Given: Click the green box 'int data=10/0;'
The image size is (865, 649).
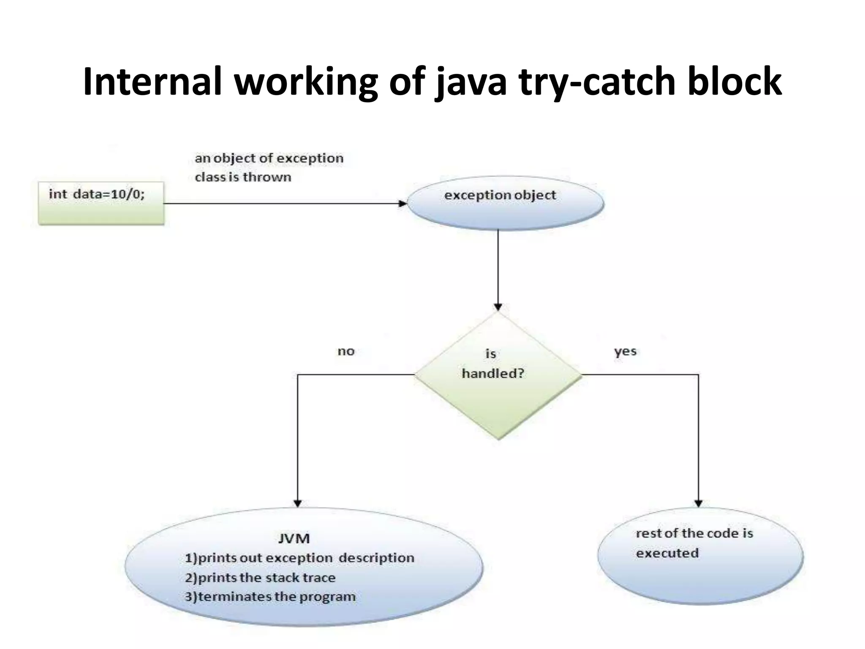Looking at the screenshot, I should point(101,203).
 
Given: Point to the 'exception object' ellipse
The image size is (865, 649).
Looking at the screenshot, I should point(505,205).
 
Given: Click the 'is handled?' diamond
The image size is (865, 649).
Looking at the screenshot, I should point(498,375).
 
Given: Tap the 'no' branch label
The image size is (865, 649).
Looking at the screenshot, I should point(346,352).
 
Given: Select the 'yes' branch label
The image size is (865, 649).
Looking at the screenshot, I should point(625,352).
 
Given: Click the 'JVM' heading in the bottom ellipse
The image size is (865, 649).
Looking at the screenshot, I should point(294,539).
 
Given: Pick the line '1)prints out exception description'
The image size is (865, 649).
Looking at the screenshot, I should point(299,558).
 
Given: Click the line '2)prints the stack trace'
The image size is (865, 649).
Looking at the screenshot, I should point(260,578).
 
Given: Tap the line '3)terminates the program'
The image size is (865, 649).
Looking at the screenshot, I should point(270,597).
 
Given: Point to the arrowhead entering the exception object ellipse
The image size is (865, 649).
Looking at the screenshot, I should point(403,204).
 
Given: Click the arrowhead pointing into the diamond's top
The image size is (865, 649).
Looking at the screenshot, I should point(498,307).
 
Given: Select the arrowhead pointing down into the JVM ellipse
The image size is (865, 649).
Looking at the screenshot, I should point(298,503).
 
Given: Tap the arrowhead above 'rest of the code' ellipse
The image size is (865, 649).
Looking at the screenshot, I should point(698,503).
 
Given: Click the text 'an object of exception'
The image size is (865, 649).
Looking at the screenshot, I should point(269,158).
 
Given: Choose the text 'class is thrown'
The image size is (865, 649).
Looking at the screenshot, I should point(243,177).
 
